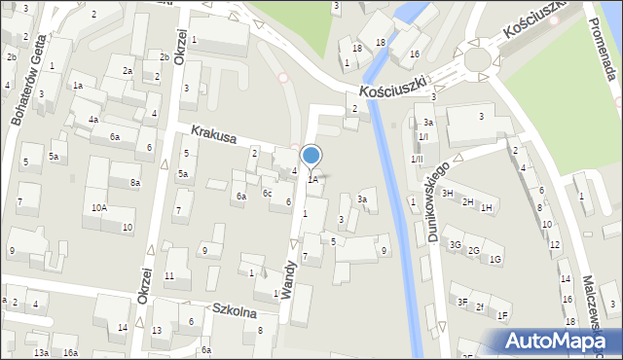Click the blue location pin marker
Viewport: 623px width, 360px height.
pyautogui.click(x=311, y=156)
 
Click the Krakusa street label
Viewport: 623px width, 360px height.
pyautogui.click(x=214, y=137)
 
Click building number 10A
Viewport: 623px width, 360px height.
pyautogui.click(x=99, y=207)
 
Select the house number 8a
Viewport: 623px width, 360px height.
pyautogui.click(x=136, y=182)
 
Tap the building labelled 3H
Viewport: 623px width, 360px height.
pyautogui.click(x=448, y=193)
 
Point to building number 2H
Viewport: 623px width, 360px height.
pyautogui.click(x=467, y=201)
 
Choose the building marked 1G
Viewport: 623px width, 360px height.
pyautogui.click(x=495, y=259)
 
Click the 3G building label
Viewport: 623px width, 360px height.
pyautogui.click(x=455, y=244)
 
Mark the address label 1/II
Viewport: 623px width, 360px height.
pyautogui.click(x=417, y=159)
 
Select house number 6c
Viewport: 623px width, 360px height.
pyautogui.click(x=266, y=193)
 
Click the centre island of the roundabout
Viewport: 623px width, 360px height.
pyautogui.click(x=477, y=59)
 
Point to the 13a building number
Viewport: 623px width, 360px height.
pyautogui.click(x=41, y=352)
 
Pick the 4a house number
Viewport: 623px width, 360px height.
pyautogui.click(x=93, y=120)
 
